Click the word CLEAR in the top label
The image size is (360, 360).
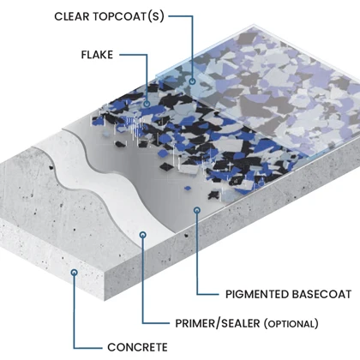72,16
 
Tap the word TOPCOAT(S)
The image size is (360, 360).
129,16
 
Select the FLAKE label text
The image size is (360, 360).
97,55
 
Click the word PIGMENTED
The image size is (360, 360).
257,294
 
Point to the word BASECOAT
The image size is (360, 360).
321,294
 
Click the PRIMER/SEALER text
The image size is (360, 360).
218,323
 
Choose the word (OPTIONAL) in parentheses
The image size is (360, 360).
291,324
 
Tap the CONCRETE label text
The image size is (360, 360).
137,347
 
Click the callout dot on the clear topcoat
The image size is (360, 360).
192,81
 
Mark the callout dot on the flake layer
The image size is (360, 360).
147,104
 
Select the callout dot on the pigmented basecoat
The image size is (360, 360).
197,211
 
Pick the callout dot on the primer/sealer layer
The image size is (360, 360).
143,235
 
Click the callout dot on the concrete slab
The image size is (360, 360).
75,273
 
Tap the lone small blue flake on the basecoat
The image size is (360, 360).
188,188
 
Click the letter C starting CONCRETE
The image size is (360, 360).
111,347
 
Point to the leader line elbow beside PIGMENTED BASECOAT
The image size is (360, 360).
197,294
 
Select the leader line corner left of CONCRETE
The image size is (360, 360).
75,348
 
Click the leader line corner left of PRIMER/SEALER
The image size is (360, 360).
143,323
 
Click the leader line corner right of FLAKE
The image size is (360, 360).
147,55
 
